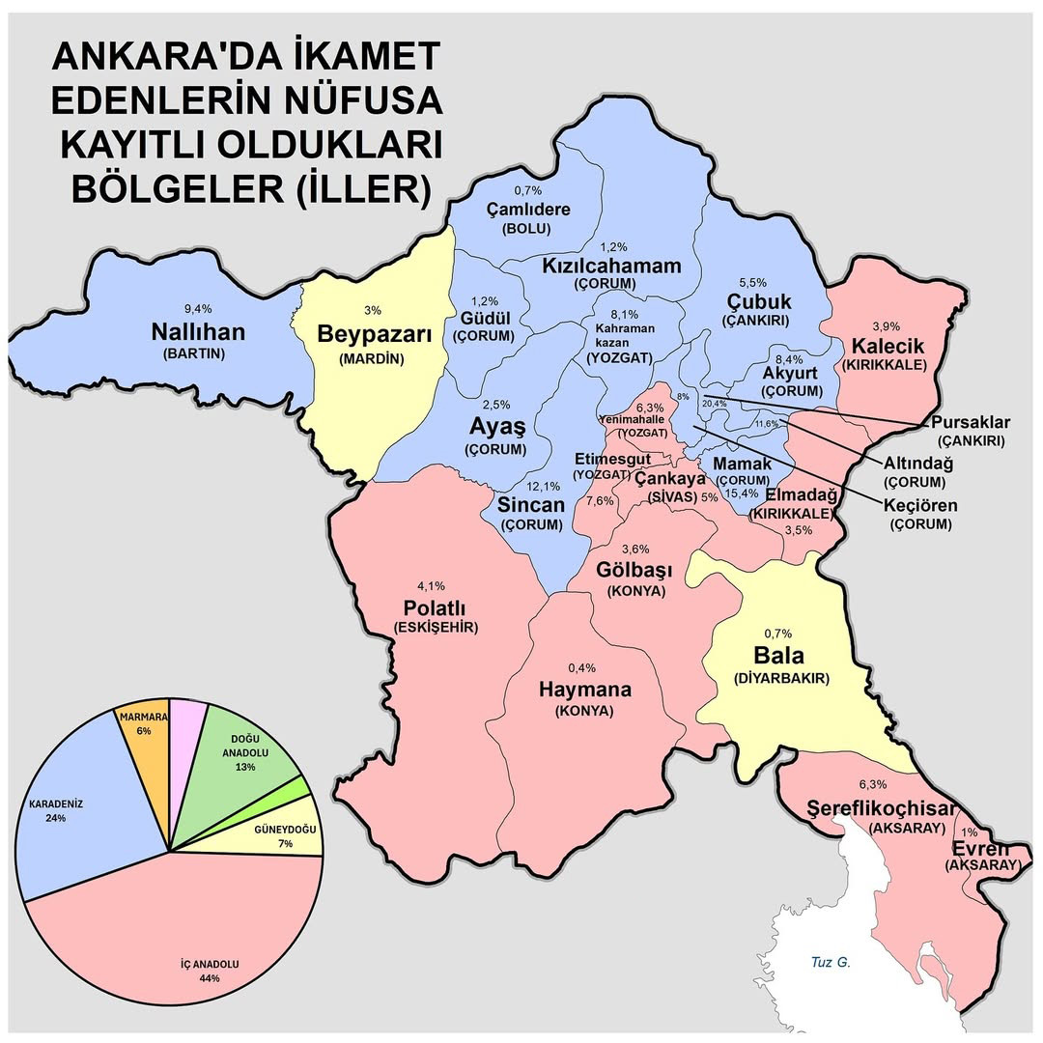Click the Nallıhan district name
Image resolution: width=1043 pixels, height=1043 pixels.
click(x=198, y=332)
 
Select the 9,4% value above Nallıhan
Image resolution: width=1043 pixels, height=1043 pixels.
click(x=196, y=308)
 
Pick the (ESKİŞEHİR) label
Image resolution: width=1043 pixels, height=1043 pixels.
click(x=436, y=629)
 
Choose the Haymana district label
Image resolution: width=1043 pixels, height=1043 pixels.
click(x=585, y=690)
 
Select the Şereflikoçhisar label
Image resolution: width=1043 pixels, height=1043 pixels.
click(x=882, y=808)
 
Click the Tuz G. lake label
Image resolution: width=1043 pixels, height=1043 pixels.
click(x=831, y=962)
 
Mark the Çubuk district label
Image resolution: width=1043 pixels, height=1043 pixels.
click(x=758, y=301)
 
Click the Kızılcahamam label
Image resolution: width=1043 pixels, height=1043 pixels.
click(x=611, y=266)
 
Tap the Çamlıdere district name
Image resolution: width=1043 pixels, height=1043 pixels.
click(x=527, y=210)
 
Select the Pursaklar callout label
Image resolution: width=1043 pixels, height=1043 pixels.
click(x=971, y=423)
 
